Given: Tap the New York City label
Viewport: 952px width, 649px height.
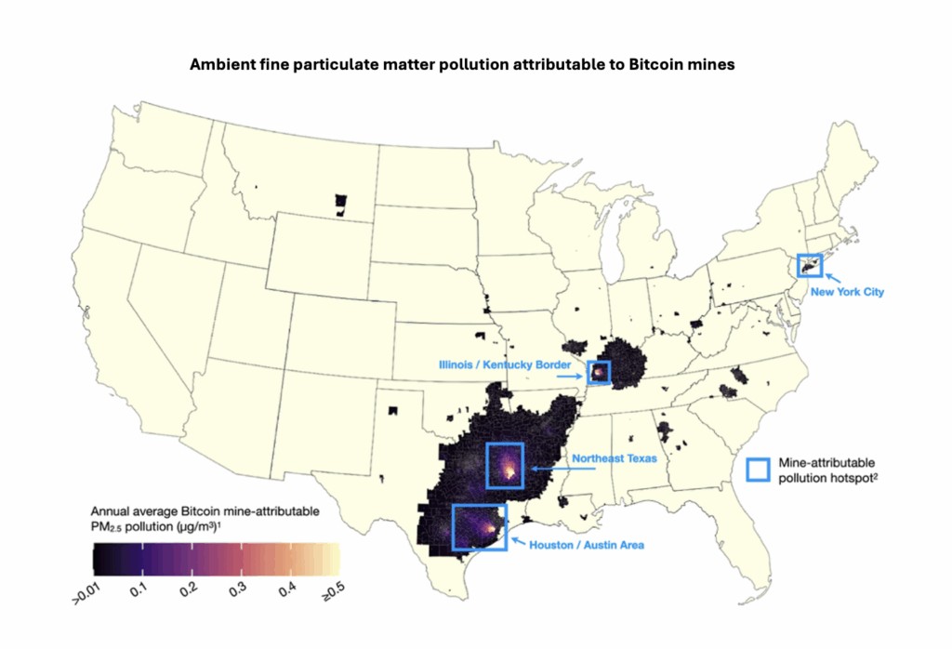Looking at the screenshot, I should coord(846,292).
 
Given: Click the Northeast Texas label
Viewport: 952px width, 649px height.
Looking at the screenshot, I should coord(615,458).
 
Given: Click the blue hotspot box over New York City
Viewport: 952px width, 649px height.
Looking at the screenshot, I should coord(809,265).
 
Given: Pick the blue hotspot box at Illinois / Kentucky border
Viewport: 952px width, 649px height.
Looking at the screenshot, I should coord(599,373).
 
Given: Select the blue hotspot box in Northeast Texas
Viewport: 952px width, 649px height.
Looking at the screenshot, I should coord(505,465).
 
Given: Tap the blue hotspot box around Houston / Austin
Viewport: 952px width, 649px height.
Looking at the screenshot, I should coord(479,527).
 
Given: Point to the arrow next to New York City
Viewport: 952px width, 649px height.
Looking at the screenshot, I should coord(832,277).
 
